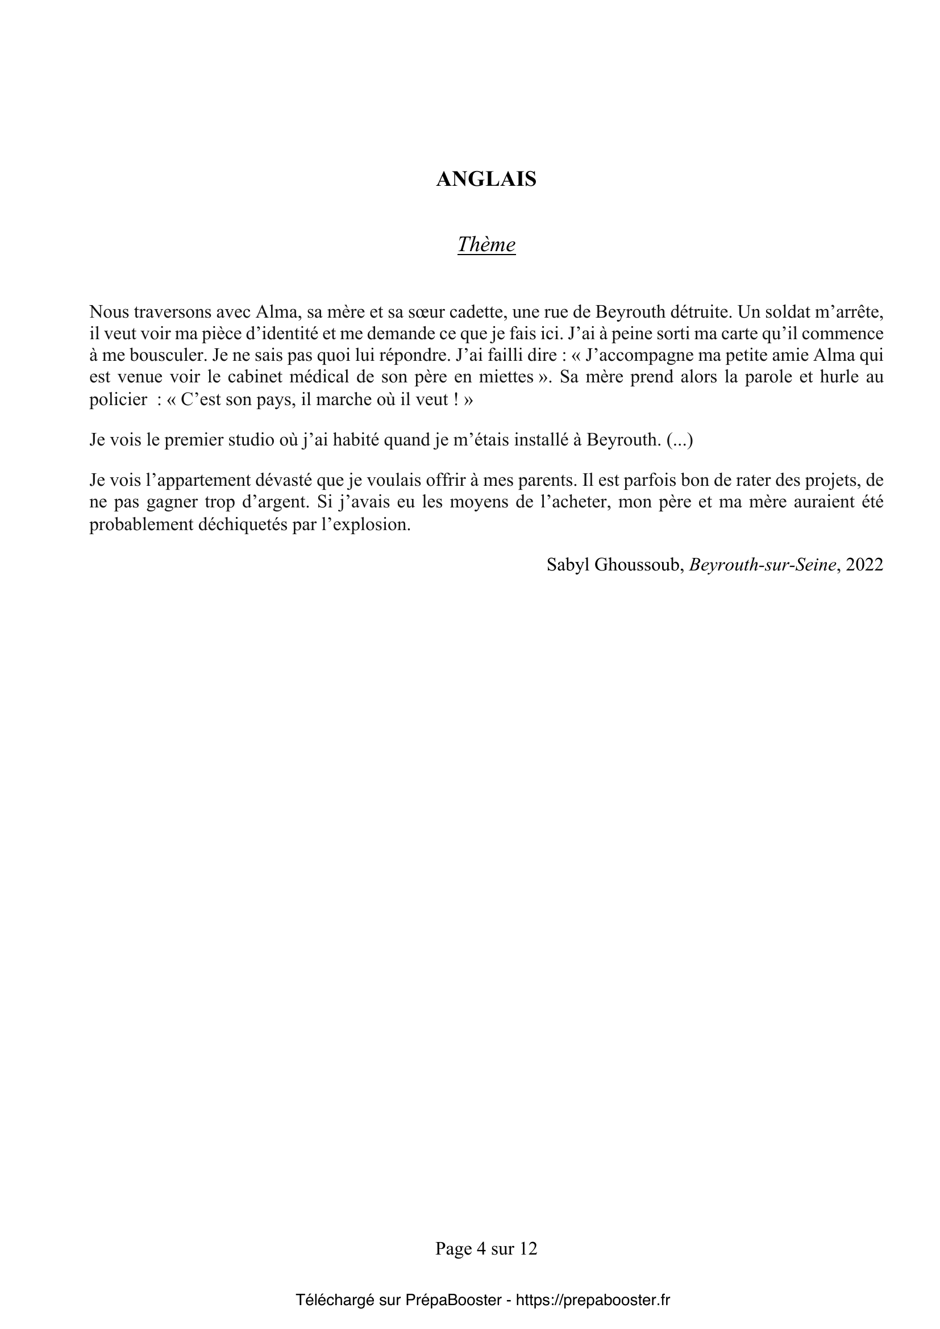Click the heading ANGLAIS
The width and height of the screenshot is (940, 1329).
[486, 180]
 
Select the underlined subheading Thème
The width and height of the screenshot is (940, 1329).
[486, 245]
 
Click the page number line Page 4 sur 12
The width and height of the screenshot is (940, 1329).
[486, 1249]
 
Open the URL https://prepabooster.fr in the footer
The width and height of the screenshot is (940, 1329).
[593, 1300]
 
